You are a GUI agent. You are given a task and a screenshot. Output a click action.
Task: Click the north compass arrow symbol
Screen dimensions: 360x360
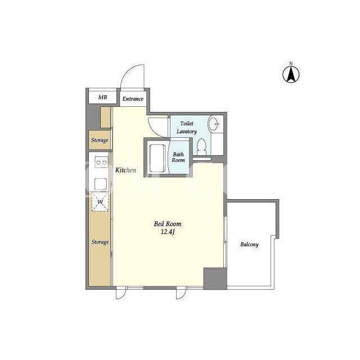point(291,74)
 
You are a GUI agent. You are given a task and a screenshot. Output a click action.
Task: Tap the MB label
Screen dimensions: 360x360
point(102,97)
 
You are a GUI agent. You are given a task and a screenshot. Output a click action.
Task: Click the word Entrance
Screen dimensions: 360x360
point(133,99)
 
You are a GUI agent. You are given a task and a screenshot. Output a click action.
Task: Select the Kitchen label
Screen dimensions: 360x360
point(125,170)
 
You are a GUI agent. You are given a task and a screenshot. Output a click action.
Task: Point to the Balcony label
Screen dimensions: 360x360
point(249,245)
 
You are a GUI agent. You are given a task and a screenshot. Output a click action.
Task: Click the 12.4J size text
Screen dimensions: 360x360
point(168,232)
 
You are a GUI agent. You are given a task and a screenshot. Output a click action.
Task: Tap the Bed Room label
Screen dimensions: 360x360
point(168,224)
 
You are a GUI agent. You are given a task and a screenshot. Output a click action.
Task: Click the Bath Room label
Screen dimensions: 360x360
point(178,157)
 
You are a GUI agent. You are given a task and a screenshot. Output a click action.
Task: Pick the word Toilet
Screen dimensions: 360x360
point(187,124)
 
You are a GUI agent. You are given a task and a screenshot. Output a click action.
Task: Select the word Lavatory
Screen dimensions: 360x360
point(187,132)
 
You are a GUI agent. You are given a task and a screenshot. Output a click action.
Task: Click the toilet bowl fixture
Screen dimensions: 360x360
point(202,147)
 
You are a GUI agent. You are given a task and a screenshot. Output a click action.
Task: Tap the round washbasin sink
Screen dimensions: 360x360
point(214,124)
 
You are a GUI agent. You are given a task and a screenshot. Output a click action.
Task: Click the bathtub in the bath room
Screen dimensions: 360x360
point(157,158)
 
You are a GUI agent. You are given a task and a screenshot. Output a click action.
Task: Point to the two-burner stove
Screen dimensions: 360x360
point(101,163)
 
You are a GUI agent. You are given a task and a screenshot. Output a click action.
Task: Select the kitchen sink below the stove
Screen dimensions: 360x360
point(101,184)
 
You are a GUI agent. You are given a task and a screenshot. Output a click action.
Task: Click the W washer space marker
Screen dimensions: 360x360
point(100,201)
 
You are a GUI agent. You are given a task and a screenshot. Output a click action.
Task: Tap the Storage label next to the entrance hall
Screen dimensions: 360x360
point(100,140)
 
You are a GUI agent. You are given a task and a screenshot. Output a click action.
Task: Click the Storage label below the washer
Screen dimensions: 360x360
point(100,242)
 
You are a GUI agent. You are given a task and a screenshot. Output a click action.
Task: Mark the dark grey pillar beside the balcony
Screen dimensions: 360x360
point(215,278)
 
